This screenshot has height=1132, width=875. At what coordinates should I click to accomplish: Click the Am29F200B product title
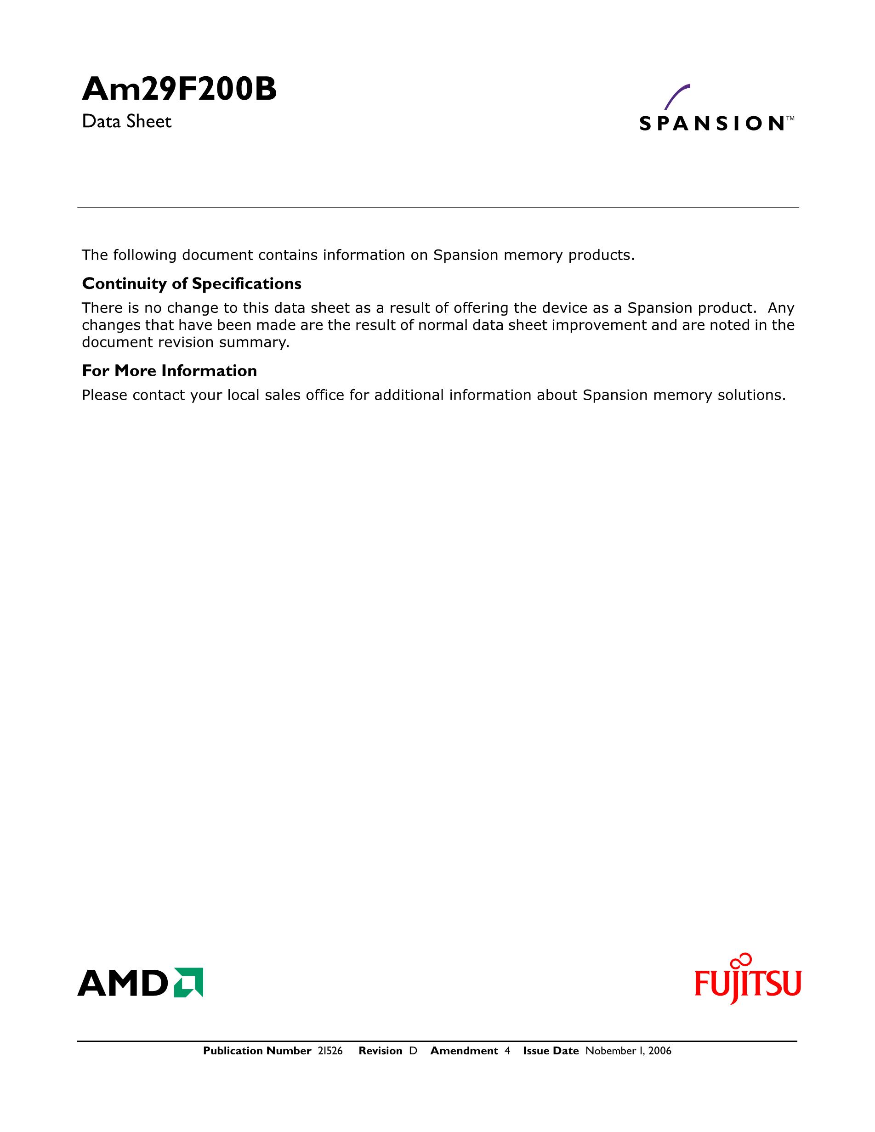[x=179, y=90]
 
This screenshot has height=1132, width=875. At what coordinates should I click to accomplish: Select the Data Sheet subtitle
[x=126, y=122]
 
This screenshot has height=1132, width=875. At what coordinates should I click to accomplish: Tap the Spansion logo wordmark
[x=711, y=124]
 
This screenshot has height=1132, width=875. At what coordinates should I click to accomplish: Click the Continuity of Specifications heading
[x=191, y=284]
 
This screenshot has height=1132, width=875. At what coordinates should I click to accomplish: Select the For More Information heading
[x=169, y=371]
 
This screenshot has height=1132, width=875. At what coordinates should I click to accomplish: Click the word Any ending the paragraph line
[x=781, y=308]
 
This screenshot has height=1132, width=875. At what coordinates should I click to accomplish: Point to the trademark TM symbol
[x=790, y=118]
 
